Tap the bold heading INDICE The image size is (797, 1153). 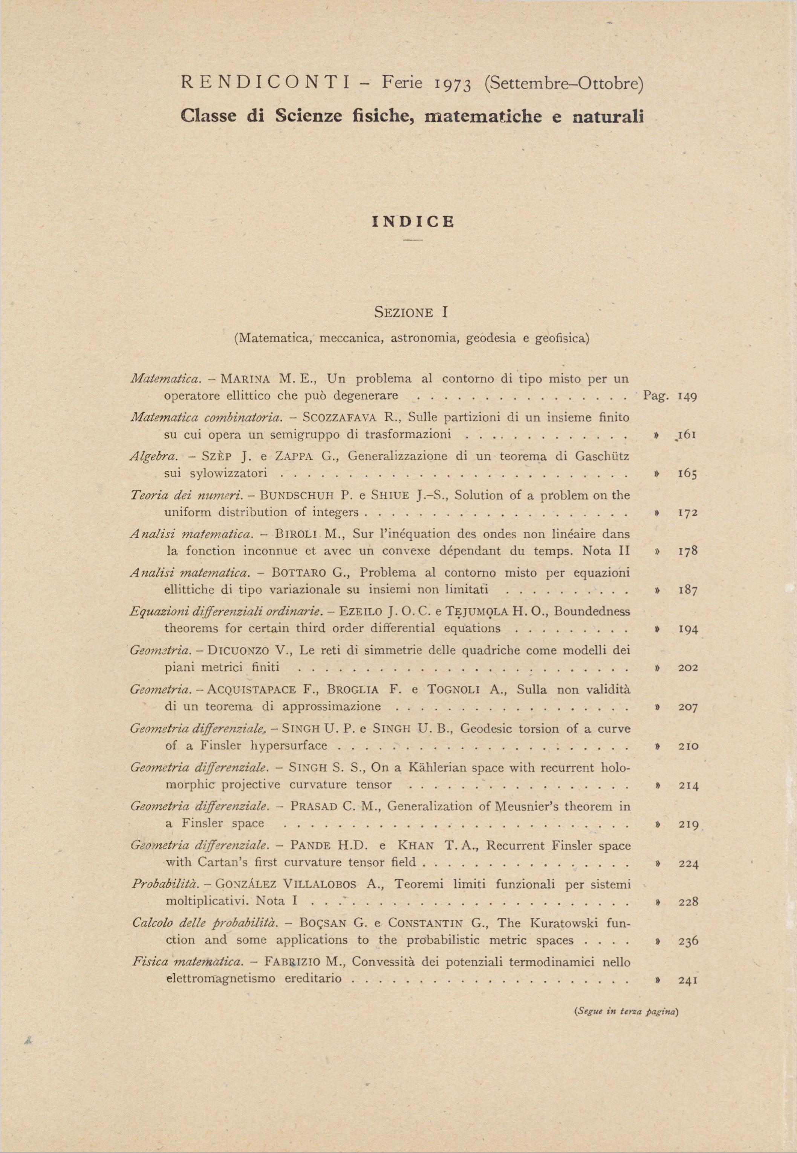tap(413, 222)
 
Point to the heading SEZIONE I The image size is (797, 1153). tap(411, 312)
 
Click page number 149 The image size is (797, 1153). tap(687, 397)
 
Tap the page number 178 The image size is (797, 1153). tap(687, 551)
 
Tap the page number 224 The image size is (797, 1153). tap(688, 864)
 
